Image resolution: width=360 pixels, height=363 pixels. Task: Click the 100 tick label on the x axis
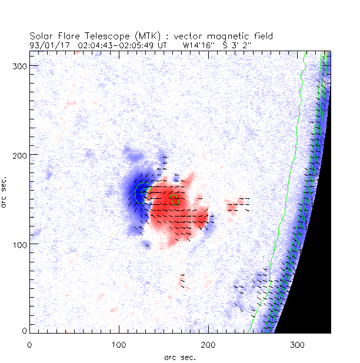click(x=119, y=344)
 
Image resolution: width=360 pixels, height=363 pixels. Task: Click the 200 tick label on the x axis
click(x=208, y=344)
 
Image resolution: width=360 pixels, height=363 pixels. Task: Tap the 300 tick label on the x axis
click(x=297, y=344)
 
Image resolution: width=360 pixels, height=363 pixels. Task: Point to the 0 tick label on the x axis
click(x=29, y=344)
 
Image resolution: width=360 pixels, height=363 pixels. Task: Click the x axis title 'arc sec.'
click(x=179, y=357)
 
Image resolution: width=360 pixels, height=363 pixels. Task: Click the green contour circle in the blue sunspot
click(x=141, y=192)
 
